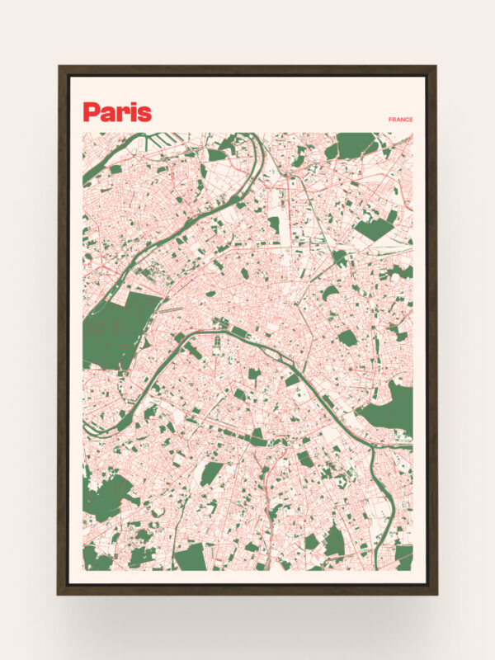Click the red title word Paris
pos(117,112)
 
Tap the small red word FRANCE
pos(401,120)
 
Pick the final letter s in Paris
pos(144,115)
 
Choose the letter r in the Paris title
pos(124,114)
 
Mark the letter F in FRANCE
pos(390,120)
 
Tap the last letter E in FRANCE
pos(412,120)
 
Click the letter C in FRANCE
pos(407,120)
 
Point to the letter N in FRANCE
pos(402,120)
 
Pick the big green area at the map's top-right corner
pos(356,144)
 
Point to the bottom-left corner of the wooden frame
pos(59,593)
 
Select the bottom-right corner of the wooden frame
pos(436,593)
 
